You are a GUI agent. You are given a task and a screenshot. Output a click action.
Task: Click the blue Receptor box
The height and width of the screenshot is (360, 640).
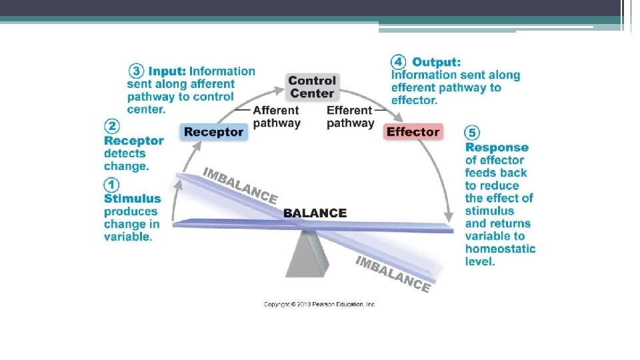tap(214, 132)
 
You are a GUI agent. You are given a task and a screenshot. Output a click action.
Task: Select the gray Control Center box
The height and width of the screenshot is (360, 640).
tap(312, 87)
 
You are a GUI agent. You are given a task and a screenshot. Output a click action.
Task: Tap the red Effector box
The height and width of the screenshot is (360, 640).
tap(413, 132)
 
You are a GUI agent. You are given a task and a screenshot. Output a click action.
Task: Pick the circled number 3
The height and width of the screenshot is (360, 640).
tap(135, 71)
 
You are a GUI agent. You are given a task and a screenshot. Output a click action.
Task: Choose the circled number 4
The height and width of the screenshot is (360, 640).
tap(398, 62)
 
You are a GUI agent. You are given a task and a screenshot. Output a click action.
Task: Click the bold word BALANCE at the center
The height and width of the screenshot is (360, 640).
tap(315, 213)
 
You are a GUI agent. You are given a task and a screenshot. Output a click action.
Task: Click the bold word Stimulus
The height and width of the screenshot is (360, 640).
tap(133, 198)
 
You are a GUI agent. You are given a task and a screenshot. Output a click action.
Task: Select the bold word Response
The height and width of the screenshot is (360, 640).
tap(497, 147)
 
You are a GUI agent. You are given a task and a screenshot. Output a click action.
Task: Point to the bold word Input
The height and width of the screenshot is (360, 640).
tap(167, 71)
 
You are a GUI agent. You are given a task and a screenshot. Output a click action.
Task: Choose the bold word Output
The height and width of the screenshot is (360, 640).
tap(437, 62)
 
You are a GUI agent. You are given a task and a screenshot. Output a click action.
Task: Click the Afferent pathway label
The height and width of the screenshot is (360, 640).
tap(277, 117)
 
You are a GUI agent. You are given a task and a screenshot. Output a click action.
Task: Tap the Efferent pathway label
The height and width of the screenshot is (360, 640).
tap(350, 117)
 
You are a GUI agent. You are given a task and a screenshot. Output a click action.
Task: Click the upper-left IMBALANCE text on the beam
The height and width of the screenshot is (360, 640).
tap(240, 185)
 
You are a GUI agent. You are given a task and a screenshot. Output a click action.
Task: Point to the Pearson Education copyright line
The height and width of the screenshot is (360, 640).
tap(320, 304)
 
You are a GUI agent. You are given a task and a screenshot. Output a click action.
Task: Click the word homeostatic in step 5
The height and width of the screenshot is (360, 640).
tap(500, 249)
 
